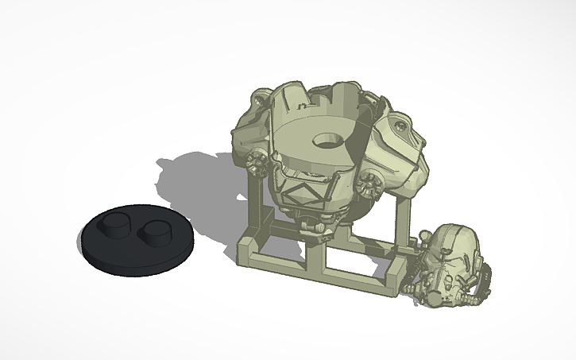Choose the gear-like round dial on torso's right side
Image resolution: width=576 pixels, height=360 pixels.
pos(366,184)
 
